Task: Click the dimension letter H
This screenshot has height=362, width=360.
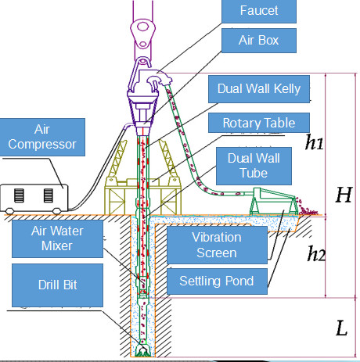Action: (343, 195)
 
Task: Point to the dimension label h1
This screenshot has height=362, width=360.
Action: (314, 142)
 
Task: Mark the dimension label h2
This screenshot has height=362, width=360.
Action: (316, 253)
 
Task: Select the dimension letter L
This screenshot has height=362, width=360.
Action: (340, 328)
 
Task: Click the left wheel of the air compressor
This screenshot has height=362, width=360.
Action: (11, 210)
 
